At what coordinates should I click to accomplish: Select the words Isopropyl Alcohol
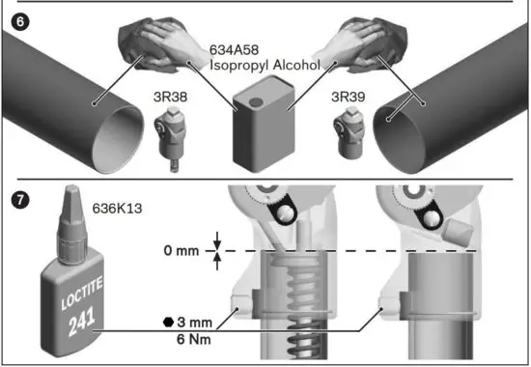pos(265,66)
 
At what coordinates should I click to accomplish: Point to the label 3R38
pos(170,98)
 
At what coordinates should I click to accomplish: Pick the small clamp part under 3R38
pos(170,140)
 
